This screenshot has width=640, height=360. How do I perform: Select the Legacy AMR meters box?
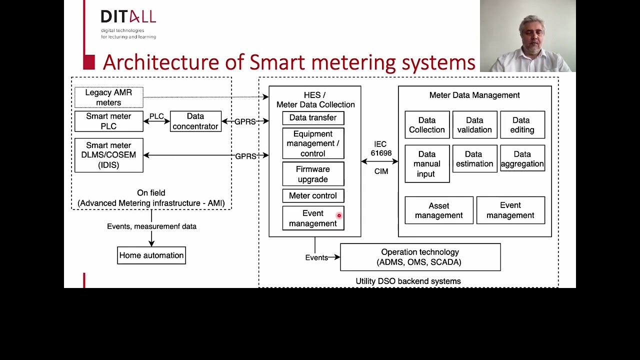click(x=108, y=97)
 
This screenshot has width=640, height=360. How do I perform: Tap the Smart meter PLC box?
click(x=108, y=121)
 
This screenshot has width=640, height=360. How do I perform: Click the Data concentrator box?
click(x=195, y=121)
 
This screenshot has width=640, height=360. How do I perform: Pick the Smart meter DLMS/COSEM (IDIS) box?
click(x=108, y=155)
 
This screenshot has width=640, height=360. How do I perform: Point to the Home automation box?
click(x=151, y=255)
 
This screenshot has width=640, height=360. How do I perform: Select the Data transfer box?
click(x=313, y=118)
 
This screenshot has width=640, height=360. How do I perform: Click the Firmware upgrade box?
click(x=313, y=174)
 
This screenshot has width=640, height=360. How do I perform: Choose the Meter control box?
click(x=313, y=196)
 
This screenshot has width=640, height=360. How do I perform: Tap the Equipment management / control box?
click(x=313, y=144)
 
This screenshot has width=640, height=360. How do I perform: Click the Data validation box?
click(x=474, y=125)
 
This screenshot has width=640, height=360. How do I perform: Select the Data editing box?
click(x=522, y=125)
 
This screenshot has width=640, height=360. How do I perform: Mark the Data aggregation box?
click(x=522, y=159)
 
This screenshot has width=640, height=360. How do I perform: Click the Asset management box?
click(x=438, y=210)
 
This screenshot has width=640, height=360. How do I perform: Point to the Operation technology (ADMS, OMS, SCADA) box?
click(x=420, y=257)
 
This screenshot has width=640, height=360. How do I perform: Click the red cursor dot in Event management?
click(x=339, y=215)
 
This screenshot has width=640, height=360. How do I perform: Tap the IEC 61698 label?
click(x=381, y=148)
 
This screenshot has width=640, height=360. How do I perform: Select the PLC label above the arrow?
click(x=156, y=116)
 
